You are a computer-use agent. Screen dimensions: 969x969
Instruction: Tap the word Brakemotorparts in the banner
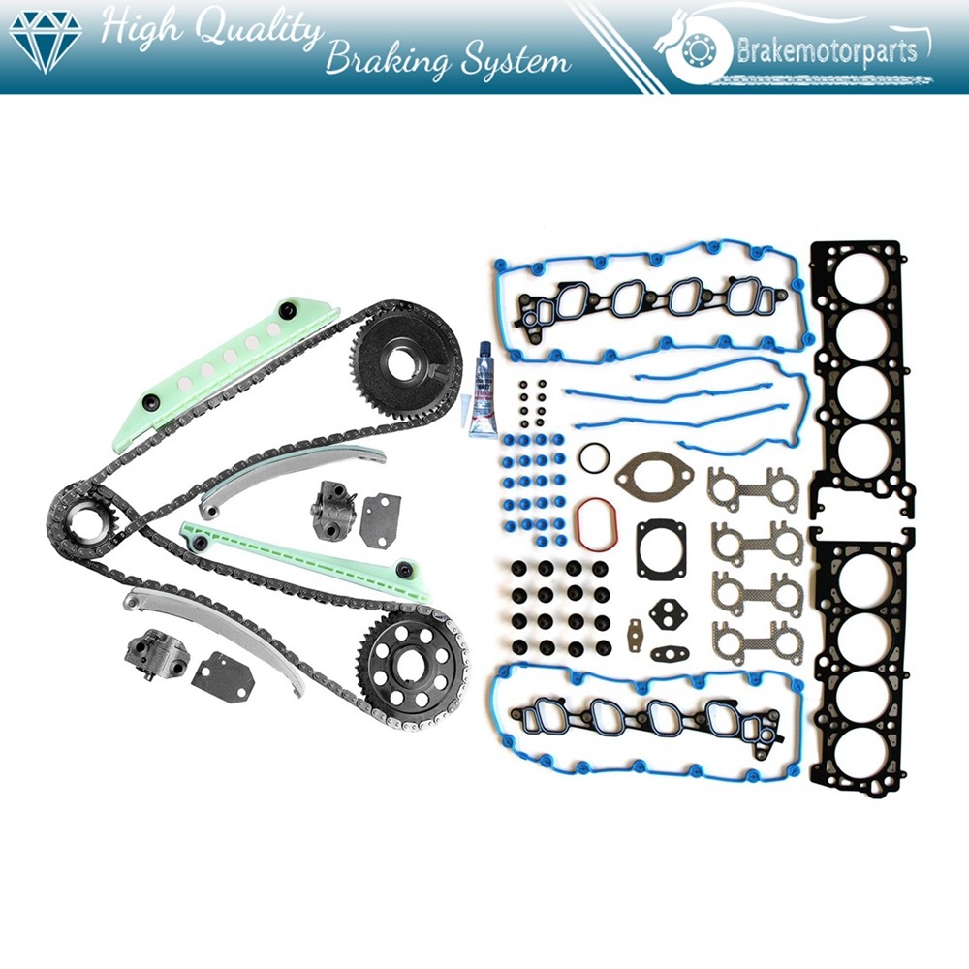point(827,49)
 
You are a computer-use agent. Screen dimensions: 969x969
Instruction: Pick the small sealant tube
point(482,397)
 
